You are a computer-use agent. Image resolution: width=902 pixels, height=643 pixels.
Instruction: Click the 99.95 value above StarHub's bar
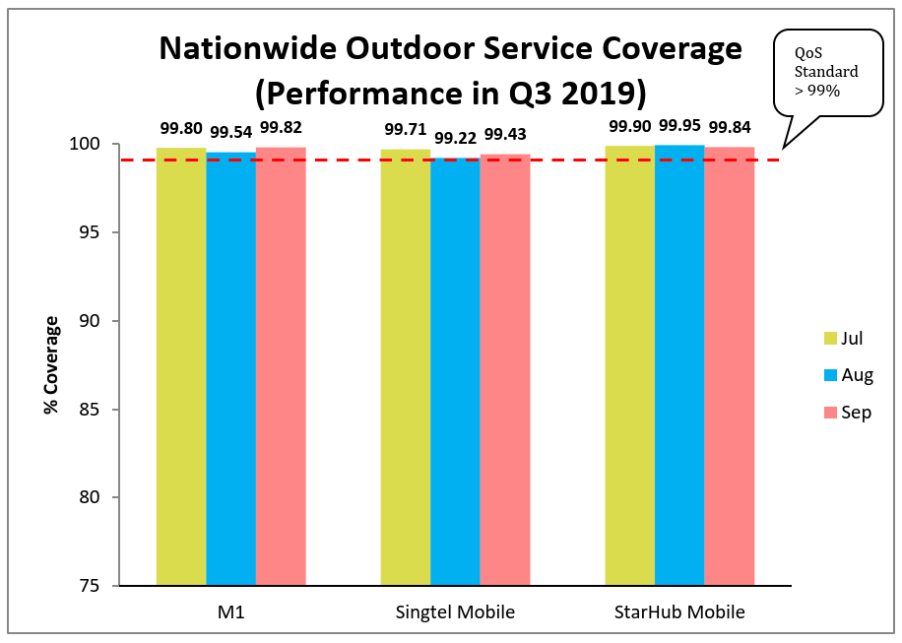[x=678, y=125]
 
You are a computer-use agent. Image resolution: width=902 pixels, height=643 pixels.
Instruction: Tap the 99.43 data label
[x=504, y=133]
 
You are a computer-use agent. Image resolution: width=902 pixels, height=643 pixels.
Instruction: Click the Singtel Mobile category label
[x=454, y=612]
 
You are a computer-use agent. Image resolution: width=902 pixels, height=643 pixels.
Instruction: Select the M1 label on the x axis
[x=230, y=612]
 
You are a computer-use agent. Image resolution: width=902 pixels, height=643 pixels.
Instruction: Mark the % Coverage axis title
[x=50, y=365]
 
